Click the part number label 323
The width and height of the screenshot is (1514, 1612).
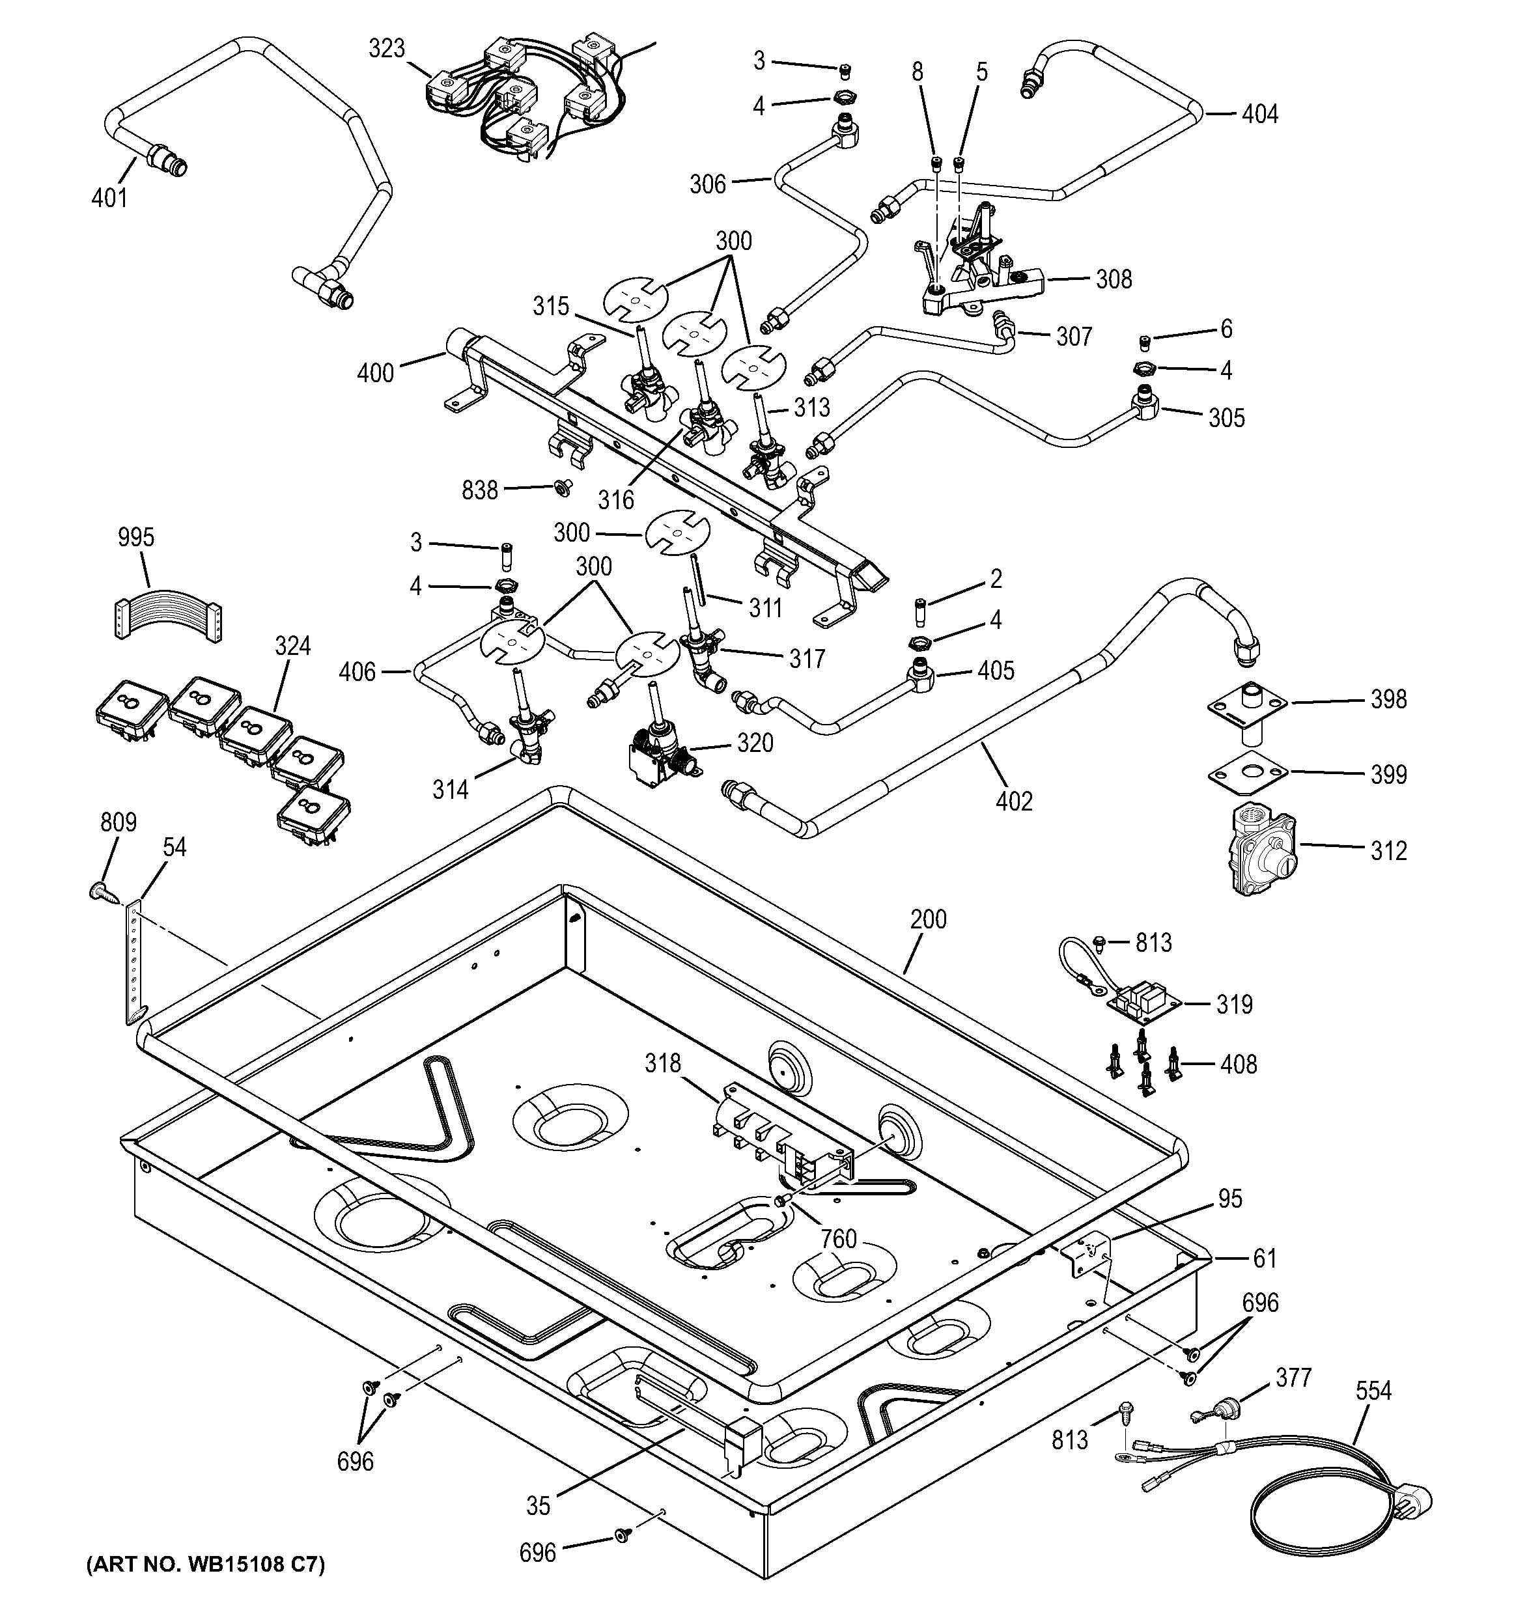(386, 50)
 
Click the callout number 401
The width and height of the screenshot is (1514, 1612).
(109, 197)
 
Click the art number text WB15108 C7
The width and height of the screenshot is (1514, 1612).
(205, 1565)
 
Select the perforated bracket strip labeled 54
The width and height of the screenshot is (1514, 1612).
(133, 960)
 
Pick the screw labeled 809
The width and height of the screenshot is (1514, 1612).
(99, 892)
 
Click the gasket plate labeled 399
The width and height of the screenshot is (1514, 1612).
(1246, 773)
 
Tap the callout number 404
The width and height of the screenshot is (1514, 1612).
(1259, 115)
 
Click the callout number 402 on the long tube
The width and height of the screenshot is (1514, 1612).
(1014, 801)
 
